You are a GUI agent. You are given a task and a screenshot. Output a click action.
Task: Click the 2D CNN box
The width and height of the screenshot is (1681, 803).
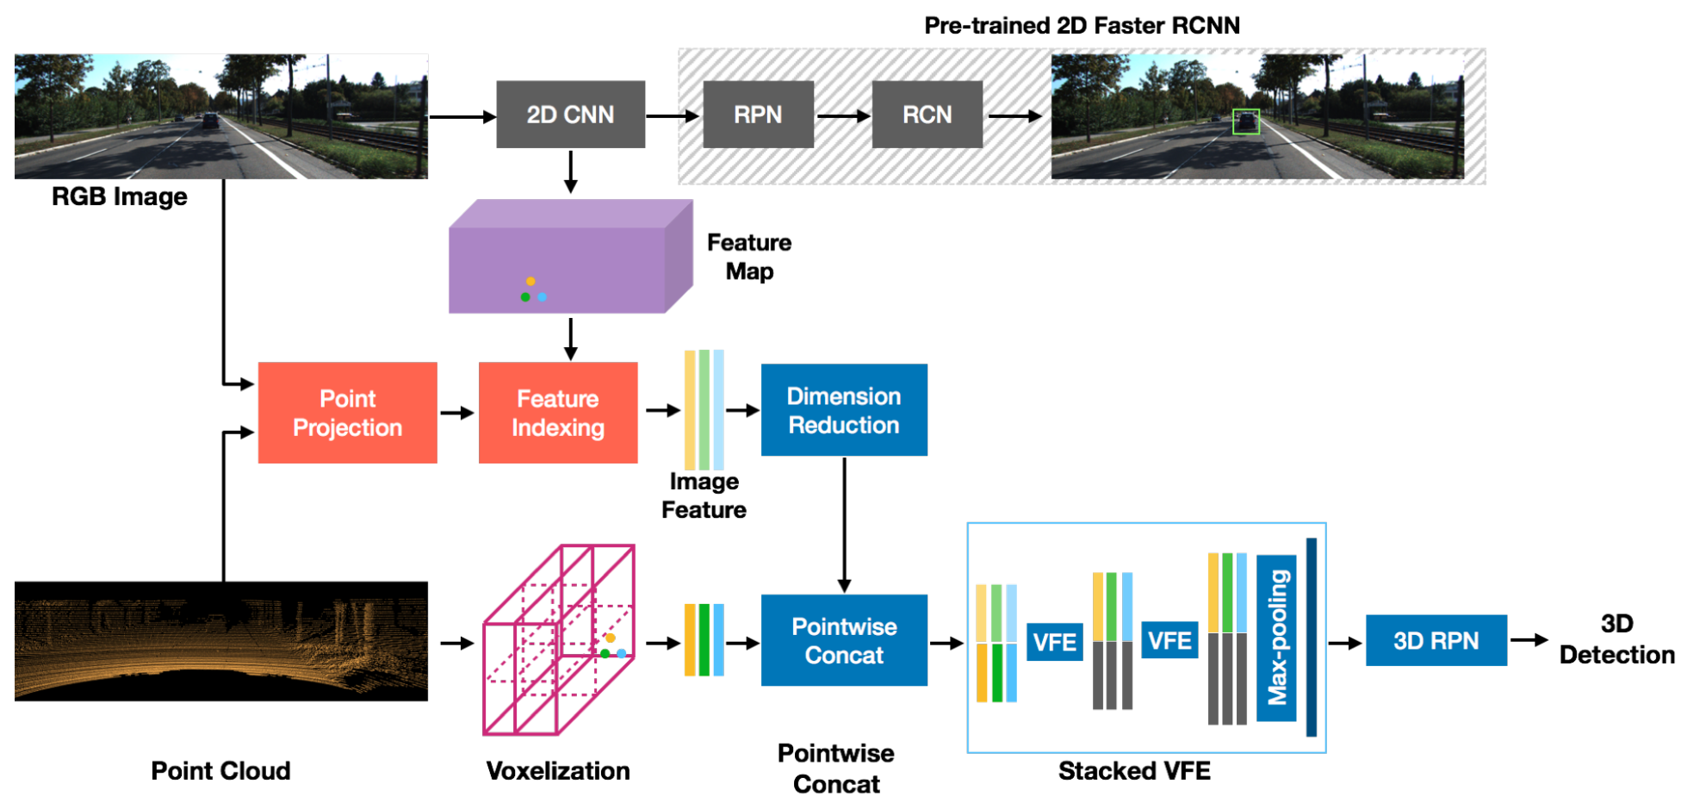[570, 115]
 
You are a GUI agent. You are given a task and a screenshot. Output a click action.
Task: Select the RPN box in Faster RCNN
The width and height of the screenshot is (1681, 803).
[758, 115]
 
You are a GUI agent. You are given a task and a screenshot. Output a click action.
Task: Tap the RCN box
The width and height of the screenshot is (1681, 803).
[927, 115]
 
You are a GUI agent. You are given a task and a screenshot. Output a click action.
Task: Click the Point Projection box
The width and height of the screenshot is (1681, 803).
[347, 413]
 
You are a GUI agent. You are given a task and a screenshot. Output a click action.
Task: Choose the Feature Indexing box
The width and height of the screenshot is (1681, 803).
[558, 413]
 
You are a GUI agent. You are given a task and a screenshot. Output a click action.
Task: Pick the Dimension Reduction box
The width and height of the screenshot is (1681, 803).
[844, 410]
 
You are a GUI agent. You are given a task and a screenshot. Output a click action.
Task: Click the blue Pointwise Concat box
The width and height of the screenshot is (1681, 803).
[844, 640]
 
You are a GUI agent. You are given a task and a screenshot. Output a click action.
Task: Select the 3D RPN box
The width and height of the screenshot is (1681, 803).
[1436, 640]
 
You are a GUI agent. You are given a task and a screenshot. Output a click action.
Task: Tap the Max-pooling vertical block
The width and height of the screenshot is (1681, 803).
[1276, 638]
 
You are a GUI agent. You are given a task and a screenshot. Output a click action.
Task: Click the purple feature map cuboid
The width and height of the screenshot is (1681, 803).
[570, 257]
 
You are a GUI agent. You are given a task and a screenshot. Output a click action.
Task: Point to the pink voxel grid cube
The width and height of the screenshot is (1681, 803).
[559, 639]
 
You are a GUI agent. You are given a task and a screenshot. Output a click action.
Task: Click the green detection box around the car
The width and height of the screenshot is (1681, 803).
[1245, 121]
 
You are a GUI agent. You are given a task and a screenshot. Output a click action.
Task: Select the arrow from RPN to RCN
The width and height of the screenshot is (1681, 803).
[842, 115]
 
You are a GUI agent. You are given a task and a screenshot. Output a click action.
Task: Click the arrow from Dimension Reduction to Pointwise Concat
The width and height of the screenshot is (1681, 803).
[844, 525]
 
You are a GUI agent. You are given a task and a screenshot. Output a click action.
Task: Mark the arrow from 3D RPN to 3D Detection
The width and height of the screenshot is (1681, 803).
[1529, 639]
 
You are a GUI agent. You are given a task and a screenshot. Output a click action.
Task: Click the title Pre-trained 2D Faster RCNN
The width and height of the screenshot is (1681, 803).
[1082, 26]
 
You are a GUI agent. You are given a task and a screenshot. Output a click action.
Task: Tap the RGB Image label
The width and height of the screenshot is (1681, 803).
[120, 196]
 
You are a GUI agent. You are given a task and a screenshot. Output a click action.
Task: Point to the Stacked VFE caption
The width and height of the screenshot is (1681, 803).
[1134, 770]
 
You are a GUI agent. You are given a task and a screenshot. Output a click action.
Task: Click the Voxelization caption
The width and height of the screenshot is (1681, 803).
[558, 770]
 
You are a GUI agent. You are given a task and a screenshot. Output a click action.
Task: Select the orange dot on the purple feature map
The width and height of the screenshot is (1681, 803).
[530, 281]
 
